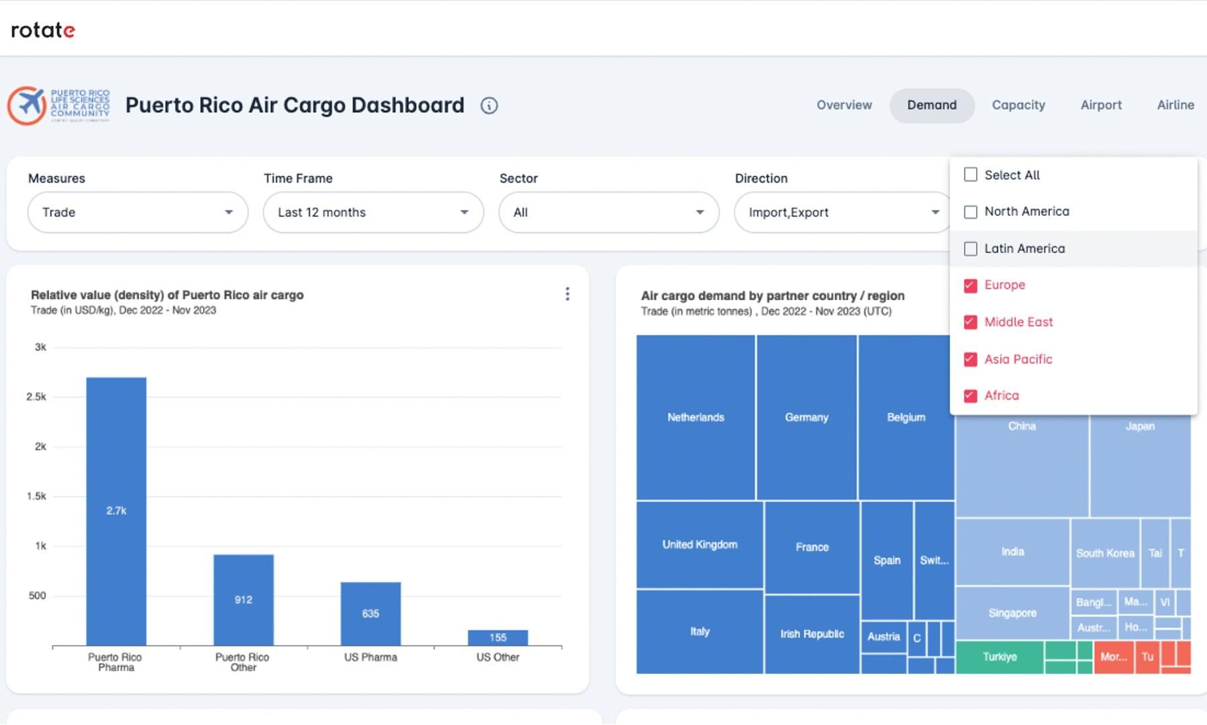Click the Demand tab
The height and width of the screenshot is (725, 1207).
(x=931, y=105)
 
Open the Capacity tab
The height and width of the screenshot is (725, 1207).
(x=1018, y=105)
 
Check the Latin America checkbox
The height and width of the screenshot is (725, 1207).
(x=970, y=249)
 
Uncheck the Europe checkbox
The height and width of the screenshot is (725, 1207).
(x=970, y=286)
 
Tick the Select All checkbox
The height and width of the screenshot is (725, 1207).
(x=970, y=175)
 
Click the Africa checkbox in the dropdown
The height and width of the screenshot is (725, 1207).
(x=970, y=396)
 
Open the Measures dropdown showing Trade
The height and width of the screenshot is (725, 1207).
(x=138, y=213)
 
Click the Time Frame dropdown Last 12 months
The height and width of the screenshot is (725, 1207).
(x=373, y=213)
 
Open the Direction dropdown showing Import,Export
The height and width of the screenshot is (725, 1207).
(x=842, y=213)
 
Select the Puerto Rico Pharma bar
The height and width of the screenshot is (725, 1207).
(x=116, y=510)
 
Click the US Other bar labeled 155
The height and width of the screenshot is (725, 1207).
(x=497, y=638)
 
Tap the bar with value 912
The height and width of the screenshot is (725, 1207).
(x=243, y=599)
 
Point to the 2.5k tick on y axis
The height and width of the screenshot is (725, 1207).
(x=36, y=397)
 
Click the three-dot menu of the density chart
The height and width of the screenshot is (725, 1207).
(x=567, y=294)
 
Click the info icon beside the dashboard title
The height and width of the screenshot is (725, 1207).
(x=489, y=106)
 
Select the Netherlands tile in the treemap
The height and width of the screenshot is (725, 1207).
(x=695, y=418)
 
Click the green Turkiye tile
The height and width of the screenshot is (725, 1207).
(x=999, y=657)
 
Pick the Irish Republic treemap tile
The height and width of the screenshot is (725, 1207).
(x=812, y=634)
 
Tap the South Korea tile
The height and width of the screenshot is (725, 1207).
(x=1104, y=553)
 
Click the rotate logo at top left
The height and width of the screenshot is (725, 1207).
(x=43, y=30)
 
